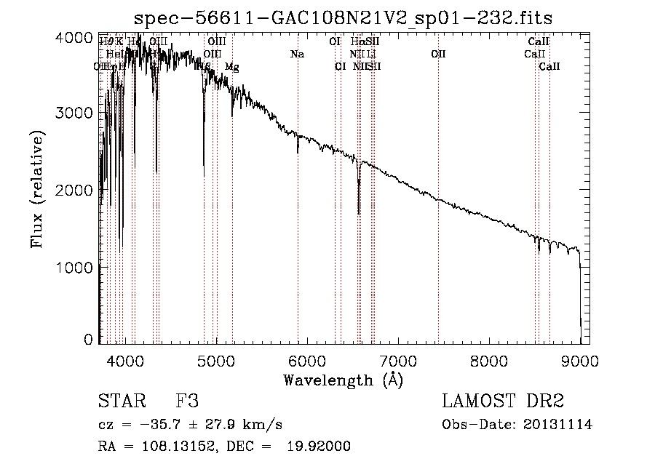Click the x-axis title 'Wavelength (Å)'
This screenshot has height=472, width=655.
[343, 380]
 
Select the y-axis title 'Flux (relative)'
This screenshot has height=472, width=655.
[37, 190]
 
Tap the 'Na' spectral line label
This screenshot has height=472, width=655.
[297, 54]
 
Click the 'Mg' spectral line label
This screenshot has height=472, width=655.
[231, 67]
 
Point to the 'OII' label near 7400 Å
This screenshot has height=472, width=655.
[438, 54]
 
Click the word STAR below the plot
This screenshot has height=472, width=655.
[120, 401]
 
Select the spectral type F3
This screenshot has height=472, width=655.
[187, 401]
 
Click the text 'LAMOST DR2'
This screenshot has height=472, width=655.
[503, 401]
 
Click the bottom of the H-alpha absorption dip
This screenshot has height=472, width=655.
[359, 214]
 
